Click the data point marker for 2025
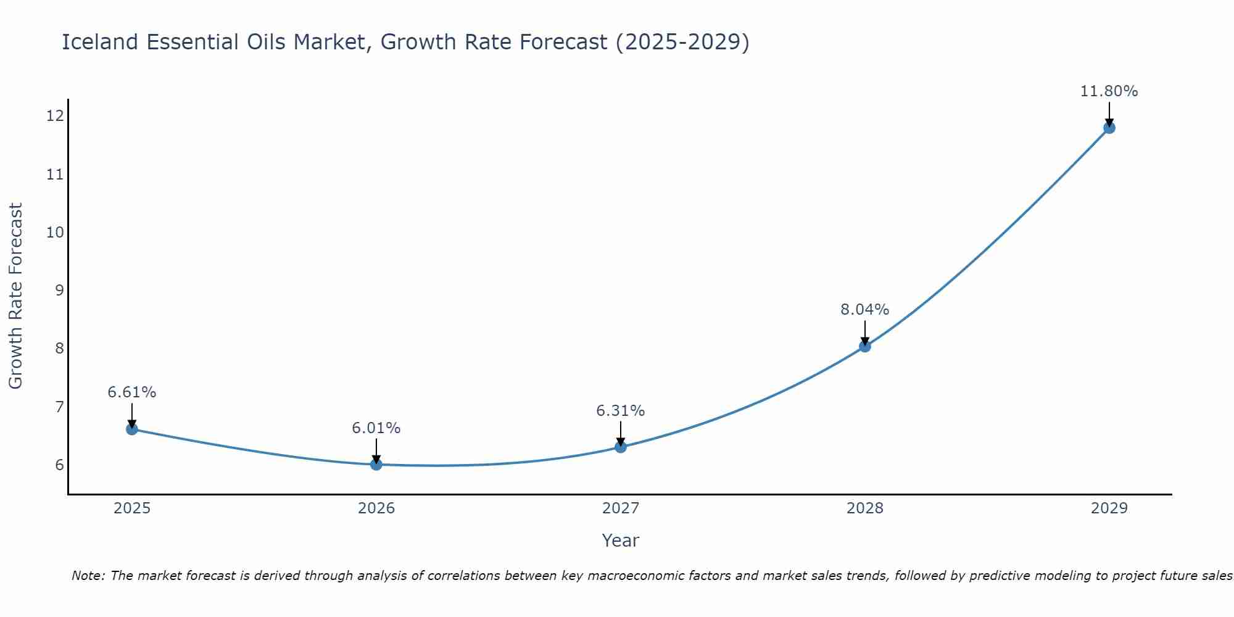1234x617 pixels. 132,429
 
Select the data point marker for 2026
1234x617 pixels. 376,464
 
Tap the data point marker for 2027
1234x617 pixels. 621,447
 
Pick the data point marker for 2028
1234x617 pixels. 865,346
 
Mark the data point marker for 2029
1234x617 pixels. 1109,128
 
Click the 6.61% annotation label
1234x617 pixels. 132,392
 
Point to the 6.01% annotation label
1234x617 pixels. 376,428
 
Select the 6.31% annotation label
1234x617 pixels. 621,411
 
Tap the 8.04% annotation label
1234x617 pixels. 865,310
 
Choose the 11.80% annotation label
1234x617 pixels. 1109,91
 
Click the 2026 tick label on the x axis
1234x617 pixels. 376,508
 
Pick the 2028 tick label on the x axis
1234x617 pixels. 865,508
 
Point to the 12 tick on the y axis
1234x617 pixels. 55,116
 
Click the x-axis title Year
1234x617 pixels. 620,540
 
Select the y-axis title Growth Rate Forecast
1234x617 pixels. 16,296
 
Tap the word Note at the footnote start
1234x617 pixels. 86,576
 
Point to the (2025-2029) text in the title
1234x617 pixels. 682,42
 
